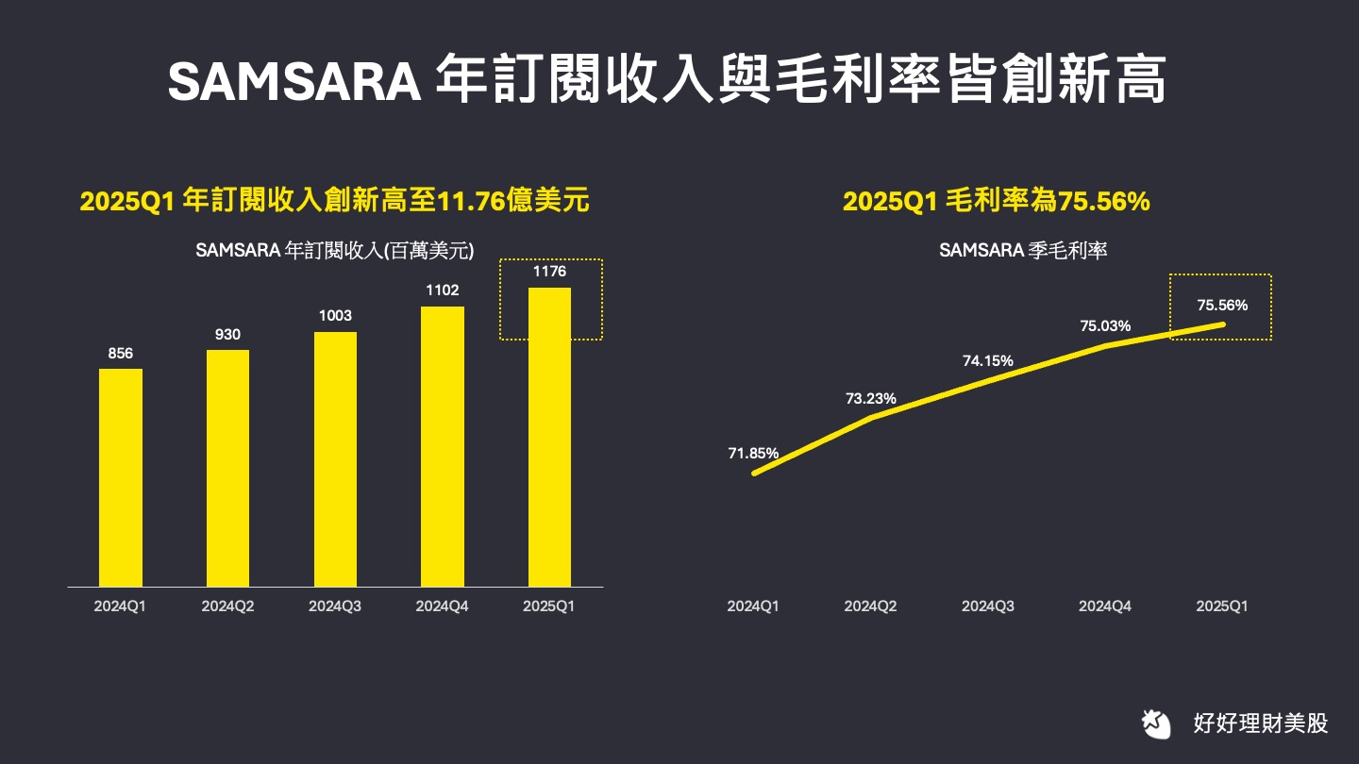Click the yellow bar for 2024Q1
(121, 476)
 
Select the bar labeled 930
(228, 467)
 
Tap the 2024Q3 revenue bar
(335, 458)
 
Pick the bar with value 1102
(443, 445)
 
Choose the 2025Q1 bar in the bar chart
(549, 436)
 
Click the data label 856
(121, 354)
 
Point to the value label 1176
(549, 272)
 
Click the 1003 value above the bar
(335, 316)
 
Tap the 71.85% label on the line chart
(753, 454)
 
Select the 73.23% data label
(870, 399)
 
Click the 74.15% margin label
(988, 360)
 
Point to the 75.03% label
(1105, 325)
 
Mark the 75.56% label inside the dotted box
(1222, 305)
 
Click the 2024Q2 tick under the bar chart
(227, 606)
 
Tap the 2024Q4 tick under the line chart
(1105, 606)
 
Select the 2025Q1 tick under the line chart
(1221, 606)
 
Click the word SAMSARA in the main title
(294, 82)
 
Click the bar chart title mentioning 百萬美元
(334, 251)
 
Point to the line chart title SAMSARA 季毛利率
(1023, 251)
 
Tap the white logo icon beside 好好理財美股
(1154, 723)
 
